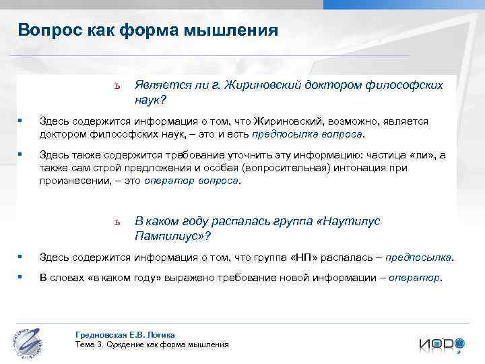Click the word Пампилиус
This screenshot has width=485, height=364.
point(168,236)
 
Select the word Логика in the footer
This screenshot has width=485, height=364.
point(162,334)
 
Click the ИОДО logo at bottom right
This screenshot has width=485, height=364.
point(441,344)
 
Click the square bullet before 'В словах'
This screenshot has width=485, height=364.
point(21,276)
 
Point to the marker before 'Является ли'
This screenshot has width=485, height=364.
point(117,86)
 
